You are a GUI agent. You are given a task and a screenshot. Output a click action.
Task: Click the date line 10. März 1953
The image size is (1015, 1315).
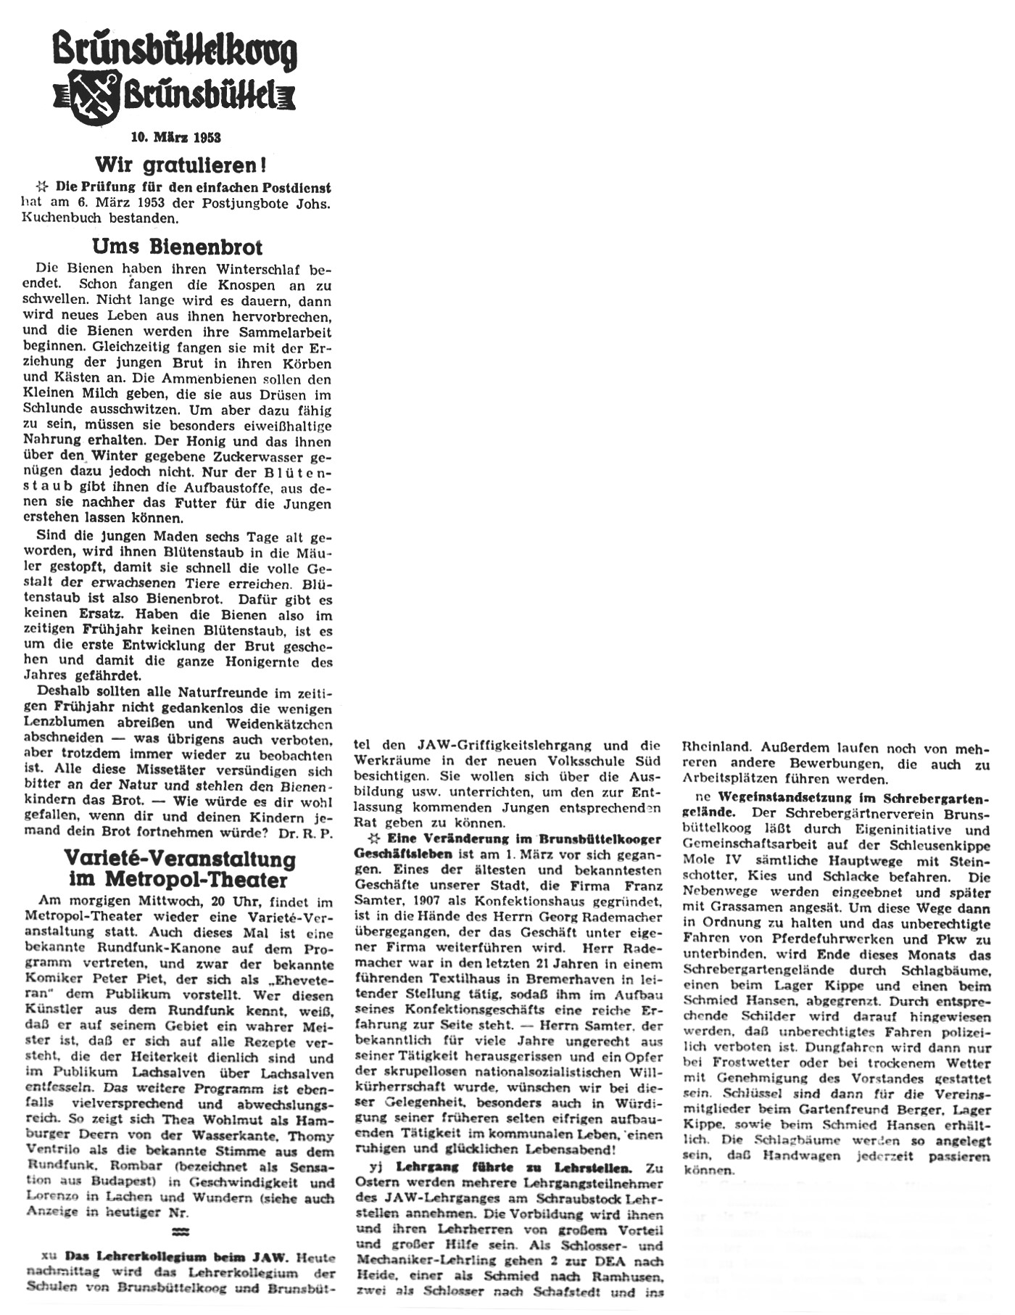(x=176, y=137)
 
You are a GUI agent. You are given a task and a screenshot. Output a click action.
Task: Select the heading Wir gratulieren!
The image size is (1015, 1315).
(x=177, y=165)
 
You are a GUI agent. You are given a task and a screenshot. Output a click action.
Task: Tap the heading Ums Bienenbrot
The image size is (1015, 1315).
(x=178, y=247)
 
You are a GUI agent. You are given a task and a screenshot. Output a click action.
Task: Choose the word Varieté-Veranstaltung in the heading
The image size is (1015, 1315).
(x=180, y=860)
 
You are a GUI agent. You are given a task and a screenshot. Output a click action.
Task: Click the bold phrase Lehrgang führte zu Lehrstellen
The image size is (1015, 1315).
(x=513, y=1168)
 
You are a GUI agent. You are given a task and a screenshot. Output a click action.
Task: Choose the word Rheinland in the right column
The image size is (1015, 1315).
(x=717, y=747)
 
